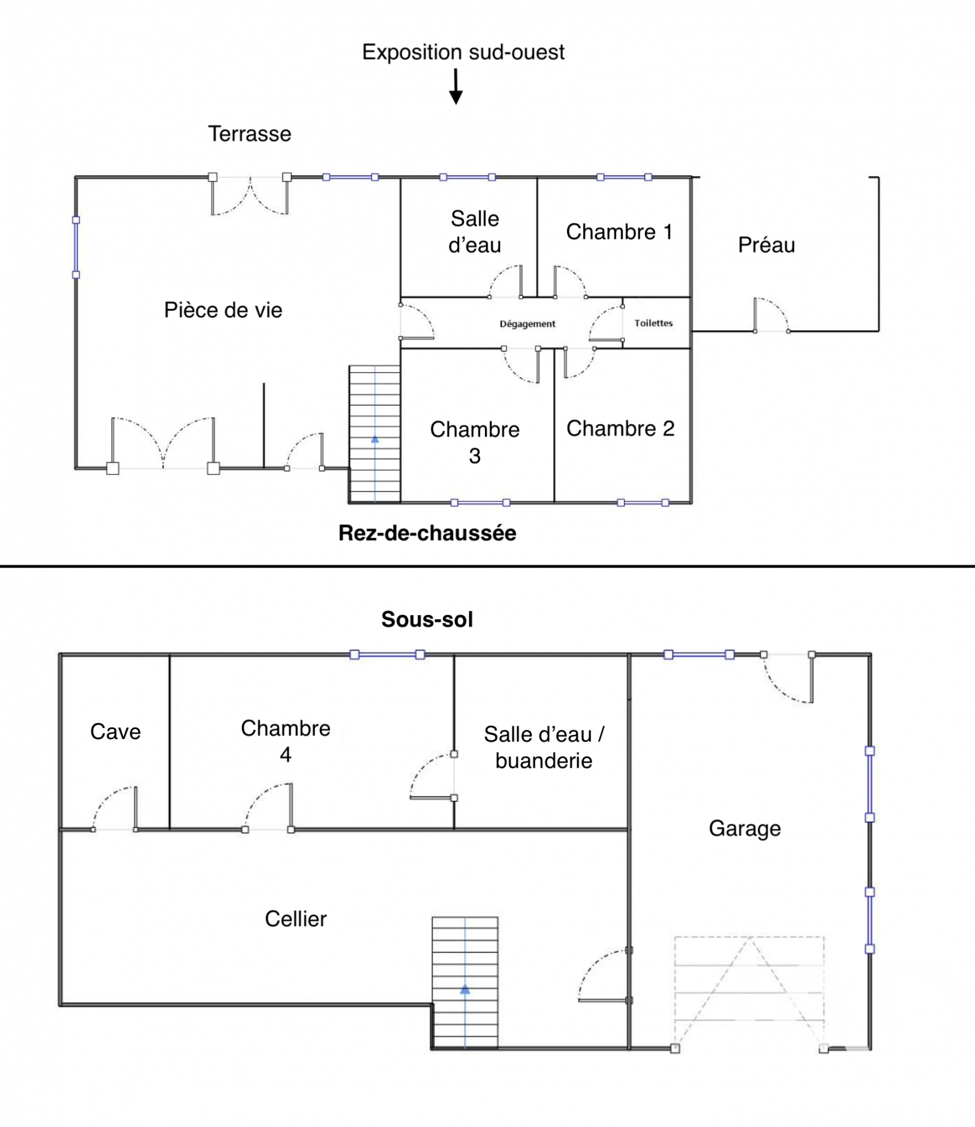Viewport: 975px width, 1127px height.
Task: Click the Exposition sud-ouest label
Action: (x=463, y=52)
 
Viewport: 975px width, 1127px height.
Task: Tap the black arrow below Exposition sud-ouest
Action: (x=456, y=87)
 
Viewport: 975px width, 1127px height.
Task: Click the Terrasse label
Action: (x=249, y=134)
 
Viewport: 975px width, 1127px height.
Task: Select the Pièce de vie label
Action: (x=223, y=310)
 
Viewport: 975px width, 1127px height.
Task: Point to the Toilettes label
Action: (x=653, y=323)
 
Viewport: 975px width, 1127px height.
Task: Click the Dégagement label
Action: (x=527, y=324)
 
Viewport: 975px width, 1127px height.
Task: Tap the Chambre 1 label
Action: (x=619, y=232)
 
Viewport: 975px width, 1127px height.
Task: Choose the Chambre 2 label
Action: (x=620, y=428)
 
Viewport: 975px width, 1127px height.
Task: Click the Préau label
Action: (x=766, y=245)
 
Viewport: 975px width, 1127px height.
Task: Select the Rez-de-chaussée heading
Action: (x=427, y=533)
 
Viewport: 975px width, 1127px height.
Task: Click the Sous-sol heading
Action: (x=427, y=619)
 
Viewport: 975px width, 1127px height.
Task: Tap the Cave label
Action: (x=115, y=731)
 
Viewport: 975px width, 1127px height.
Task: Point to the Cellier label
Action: (x=295, y=919)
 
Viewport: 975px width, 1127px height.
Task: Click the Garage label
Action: (x=744, y=828)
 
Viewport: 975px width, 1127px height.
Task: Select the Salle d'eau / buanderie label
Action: (x=544, y=747)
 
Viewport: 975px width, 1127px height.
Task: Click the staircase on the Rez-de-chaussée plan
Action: (x=375, y=434)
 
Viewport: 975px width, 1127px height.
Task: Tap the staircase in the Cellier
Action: (x=465, y=983)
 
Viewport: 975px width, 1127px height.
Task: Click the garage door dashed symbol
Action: (x=749, y=992)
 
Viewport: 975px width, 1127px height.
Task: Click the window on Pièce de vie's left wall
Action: (x=76, y=247)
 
